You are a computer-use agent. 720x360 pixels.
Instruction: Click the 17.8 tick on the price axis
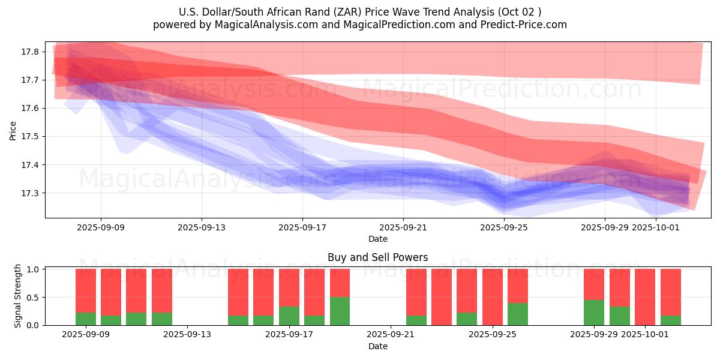[x=31, y=52]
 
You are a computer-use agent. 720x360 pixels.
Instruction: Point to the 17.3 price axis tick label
[x=31, y=193]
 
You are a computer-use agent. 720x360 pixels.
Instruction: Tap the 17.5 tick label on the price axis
[x=31, y=137]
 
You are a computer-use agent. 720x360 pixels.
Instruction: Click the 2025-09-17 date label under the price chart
[x=302, y=227]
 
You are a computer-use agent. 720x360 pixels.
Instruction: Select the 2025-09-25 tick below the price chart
[x=504, y=227]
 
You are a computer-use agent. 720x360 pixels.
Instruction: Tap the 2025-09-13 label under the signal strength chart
[x=188, y=335]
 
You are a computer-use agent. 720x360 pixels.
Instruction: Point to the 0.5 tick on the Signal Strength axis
[x=34, y=298]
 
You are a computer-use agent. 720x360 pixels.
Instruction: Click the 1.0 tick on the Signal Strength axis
[x=34, y=269]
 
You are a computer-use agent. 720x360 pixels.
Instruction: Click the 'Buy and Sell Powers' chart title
[x=377, y=257]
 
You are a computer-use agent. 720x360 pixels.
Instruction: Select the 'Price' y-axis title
[x=13, y=130]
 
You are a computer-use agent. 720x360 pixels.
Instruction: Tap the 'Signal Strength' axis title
[x=18, y=296]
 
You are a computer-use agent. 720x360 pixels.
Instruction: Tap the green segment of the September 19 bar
[x=340, y=311]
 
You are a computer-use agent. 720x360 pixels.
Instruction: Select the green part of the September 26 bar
[x=518, y=314]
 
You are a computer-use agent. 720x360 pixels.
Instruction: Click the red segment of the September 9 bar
[x=86, y=290]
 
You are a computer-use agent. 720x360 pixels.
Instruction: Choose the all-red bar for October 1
[x=645, y=297]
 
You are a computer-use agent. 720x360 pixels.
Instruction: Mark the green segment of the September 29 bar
[x=594, y=313]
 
